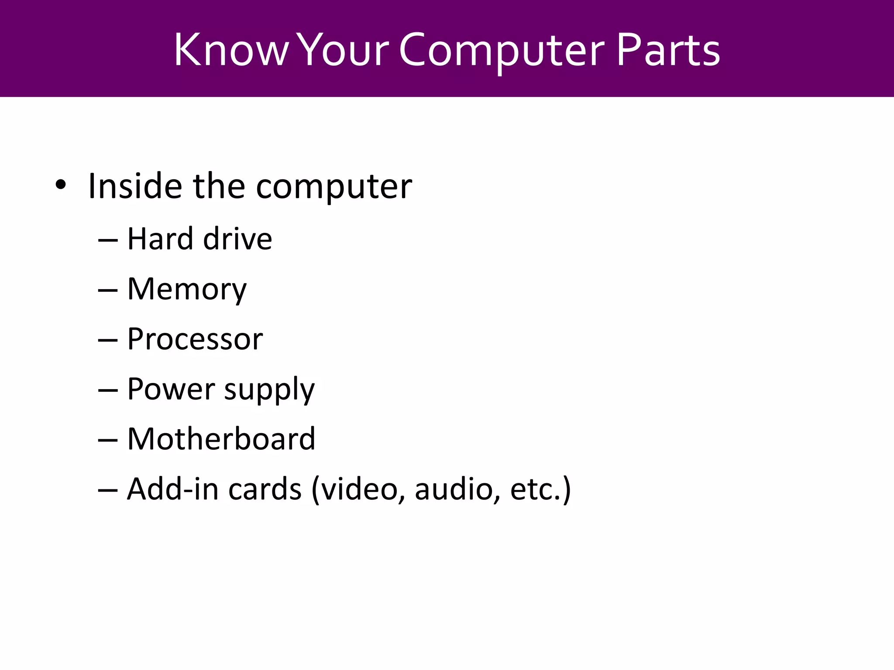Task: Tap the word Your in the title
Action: pos(344,50)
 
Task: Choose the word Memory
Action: pos(187,290)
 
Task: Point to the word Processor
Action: pos(195,339)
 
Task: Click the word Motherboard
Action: pos(221,439)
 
